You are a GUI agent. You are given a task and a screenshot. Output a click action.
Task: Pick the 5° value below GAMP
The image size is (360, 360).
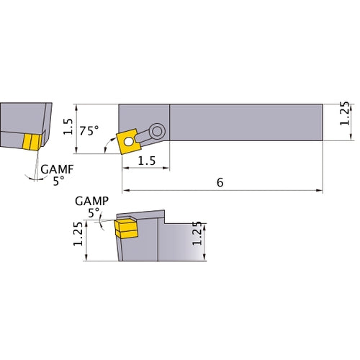[x=94, y=212]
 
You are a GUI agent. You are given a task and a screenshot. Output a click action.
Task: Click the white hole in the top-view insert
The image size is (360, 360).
[x=130, y=142]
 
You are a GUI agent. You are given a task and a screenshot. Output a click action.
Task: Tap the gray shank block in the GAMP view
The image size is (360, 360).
[x=180, y=241]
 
